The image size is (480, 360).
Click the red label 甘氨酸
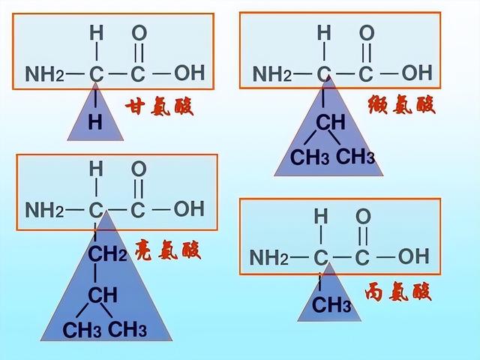coord(159,106)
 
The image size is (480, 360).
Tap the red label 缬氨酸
coord(401,104)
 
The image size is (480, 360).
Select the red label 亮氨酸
coord(168,250)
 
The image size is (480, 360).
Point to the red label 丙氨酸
coord(398,292)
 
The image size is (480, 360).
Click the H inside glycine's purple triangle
coord(95,122)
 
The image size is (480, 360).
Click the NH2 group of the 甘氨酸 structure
coord(45,73)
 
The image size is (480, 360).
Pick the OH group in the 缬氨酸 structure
coord(417,73)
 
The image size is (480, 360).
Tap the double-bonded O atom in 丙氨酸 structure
coord(363,217)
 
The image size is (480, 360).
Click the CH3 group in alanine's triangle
coord(331,304)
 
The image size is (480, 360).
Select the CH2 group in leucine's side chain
coord(107,253)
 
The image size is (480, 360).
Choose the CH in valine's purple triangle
coord(331,121)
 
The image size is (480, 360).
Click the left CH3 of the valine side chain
coord(310,157)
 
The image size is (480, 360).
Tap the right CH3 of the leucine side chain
coord(127,329)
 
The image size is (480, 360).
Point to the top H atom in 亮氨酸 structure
coord(96,169)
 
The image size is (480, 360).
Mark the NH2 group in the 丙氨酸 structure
coord(269,257)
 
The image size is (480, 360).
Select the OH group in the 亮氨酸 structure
coord(189,208)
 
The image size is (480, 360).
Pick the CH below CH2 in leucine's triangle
coord(103,295)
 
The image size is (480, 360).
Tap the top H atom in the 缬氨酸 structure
coord(324,33)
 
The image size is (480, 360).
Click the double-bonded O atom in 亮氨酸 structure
coord(139,169)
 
